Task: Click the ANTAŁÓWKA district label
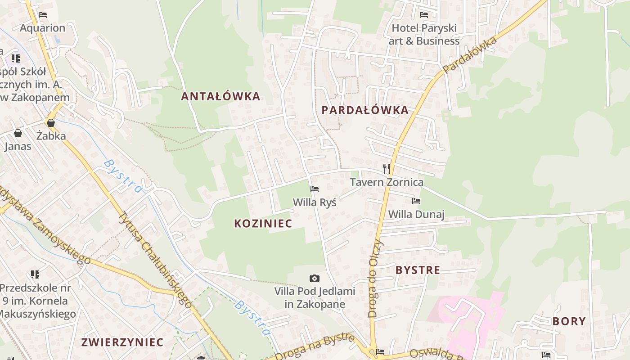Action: point(220,96)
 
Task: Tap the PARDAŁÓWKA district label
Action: point(365,110)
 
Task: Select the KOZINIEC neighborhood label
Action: point(263,223)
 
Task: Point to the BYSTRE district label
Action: point(418,270)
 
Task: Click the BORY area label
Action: point(569,321)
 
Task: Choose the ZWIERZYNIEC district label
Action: point(122,342)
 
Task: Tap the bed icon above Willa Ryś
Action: point(315,189)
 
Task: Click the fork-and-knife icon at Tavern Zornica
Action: point(386,168)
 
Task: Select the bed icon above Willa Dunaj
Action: point(416,201)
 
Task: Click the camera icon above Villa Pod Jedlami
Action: point(315,278)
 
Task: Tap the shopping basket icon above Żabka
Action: point(51,122)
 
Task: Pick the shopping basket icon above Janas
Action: point(18,133)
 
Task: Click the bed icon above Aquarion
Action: point(43,15)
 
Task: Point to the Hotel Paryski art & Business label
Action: point(424,34)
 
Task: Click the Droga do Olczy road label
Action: point(375,279)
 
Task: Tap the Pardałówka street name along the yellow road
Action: point(470,55)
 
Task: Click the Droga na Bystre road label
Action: point(315,347)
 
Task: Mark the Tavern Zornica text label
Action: point(387,182)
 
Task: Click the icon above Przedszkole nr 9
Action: point(35,274)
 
